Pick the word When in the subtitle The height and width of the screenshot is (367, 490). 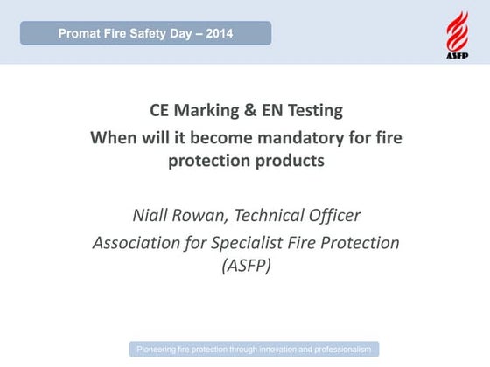point(114,138)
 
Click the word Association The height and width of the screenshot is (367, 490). point(140,242)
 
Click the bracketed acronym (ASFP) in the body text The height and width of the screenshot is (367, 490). point(244,266)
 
